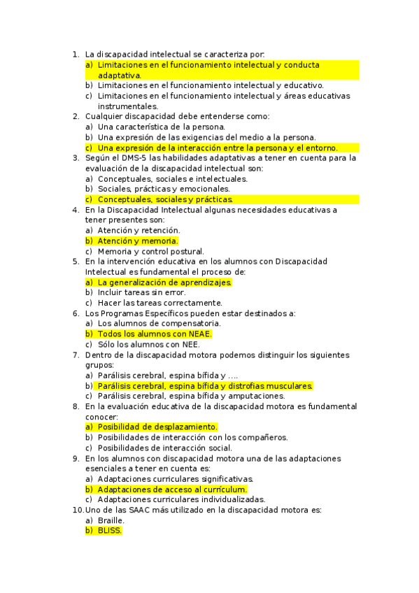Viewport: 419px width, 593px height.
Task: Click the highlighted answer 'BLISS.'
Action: coord(110,531)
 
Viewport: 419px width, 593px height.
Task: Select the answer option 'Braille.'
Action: coord(111,520)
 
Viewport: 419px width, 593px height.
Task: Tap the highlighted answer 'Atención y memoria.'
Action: coord(138,241)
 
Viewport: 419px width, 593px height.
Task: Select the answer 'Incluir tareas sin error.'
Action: coord(141,292)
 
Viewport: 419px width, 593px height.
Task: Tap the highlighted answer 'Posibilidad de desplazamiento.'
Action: coord(157,427)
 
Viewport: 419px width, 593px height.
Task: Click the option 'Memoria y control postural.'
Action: coord(150,252)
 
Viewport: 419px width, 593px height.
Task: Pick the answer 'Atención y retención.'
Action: coord(139,230)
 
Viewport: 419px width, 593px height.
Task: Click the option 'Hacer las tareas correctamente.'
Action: coord(159,303)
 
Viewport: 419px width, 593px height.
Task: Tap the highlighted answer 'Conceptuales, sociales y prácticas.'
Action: coord(165,199)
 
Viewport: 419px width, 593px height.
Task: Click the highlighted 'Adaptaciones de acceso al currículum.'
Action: coord(172,490)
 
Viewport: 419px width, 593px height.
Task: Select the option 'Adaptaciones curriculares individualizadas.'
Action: coord(181,499)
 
